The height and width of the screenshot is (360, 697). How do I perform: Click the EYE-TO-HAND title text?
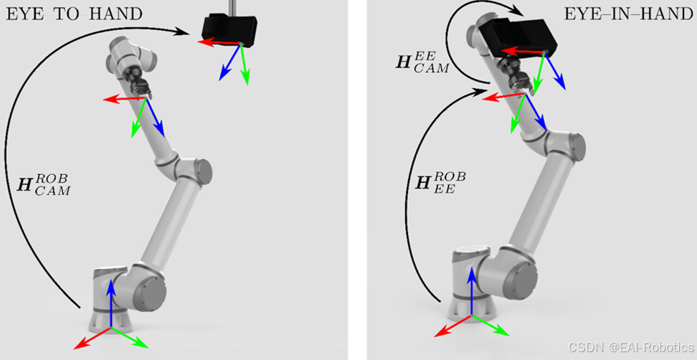pos(74,14)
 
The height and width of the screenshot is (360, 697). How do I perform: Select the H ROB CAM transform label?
pos(43,185)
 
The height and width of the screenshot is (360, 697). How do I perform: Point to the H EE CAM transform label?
pos(422,62)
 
